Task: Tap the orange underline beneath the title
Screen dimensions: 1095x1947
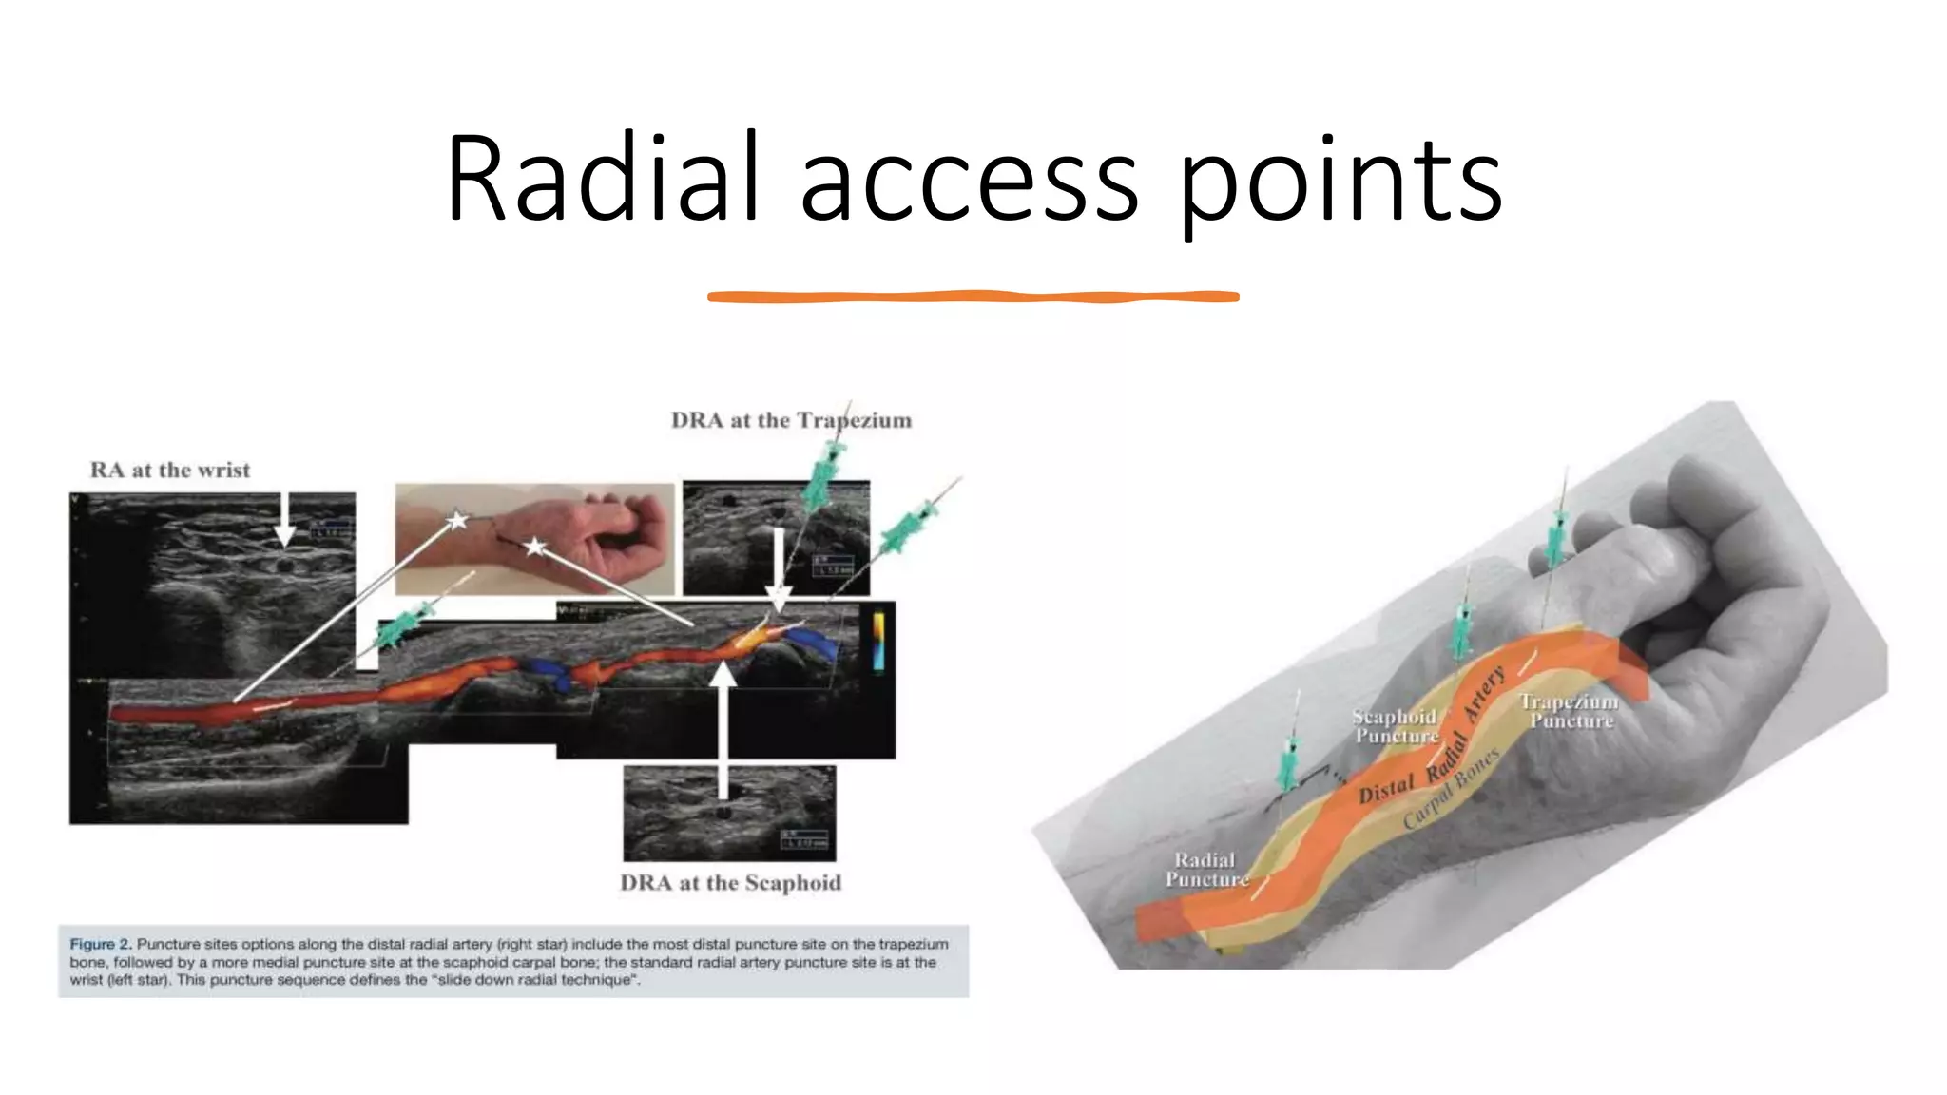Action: (973, 297)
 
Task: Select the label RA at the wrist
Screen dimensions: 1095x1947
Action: (170, 470)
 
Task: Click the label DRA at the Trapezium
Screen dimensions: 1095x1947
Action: (791, 420)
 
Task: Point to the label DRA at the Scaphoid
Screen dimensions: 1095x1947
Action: (730, 883)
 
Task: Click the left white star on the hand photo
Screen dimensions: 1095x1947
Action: (458, 520)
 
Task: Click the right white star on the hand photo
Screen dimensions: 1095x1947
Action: (535, 547)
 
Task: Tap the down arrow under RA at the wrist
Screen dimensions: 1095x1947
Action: (284, 522)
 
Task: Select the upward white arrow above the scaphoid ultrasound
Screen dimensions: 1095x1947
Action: (723, 722)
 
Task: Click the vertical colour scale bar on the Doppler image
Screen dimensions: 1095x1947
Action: (878, 642)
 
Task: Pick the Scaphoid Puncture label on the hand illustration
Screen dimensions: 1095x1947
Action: (1395, 726)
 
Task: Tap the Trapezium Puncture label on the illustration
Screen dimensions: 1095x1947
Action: (1570, 711)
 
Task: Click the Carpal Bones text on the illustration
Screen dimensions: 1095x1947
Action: (1451, 789)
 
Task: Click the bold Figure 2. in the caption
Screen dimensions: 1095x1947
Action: (100, 944)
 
